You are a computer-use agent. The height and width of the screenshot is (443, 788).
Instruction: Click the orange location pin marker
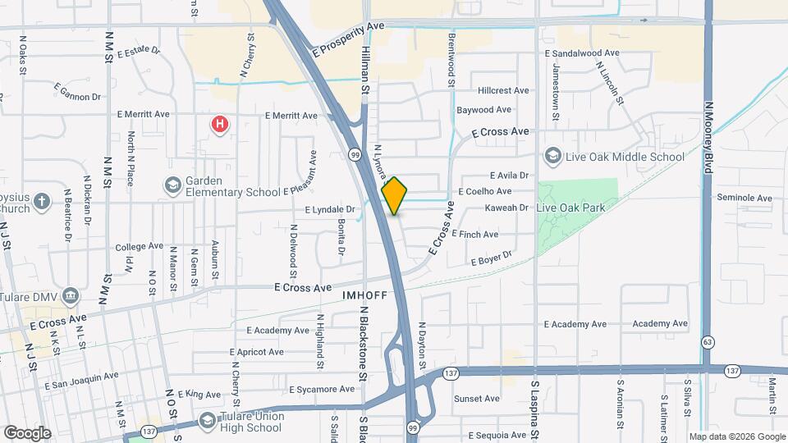[x=394, y=195]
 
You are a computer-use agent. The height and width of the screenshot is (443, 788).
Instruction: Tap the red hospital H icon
[x=219, y=125]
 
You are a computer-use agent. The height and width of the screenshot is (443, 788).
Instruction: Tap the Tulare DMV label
[x=34, y=295]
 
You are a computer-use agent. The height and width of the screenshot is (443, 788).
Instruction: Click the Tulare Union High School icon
[x=209, y=417]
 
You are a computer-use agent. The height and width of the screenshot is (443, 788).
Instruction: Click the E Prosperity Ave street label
[x=349, y=39]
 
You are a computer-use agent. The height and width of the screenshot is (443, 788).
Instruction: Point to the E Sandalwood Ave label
[x=581, y=53]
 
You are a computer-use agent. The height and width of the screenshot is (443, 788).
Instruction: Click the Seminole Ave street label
[x=744, y=198]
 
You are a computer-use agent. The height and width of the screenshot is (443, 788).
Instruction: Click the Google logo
[x=27, y=432]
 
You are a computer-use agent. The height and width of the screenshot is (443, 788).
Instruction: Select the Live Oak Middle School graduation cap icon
[x=553, y=156]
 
